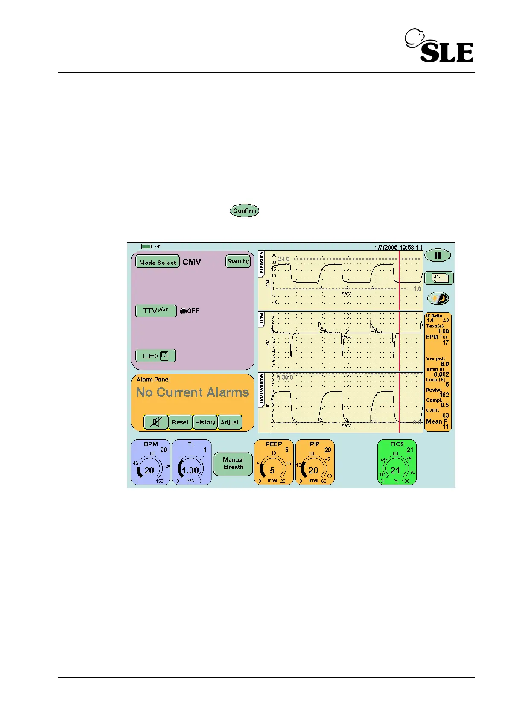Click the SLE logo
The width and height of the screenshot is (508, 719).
coord(440,46)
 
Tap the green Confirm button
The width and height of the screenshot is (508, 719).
coord(244,210)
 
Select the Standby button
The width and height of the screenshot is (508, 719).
coord(238,261)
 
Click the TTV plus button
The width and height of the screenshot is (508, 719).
coord(156,310)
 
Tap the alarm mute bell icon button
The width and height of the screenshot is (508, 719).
coord(156,422)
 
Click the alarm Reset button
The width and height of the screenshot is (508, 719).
coord(180,422)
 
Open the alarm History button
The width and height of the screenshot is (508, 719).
coord(205,422)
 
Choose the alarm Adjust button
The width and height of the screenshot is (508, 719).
coord(230,422)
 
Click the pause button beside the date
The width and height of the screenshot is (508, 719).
coord(438,255)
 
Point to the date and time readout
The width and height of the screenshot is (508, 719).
coord(398,247)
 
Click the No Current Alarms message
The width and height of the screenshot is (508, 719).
coord(193,392)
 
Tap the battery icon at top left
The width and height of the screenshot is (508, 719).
coord(146,247)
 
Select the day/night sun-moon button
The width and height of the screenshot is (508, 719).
coord(438,298)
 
